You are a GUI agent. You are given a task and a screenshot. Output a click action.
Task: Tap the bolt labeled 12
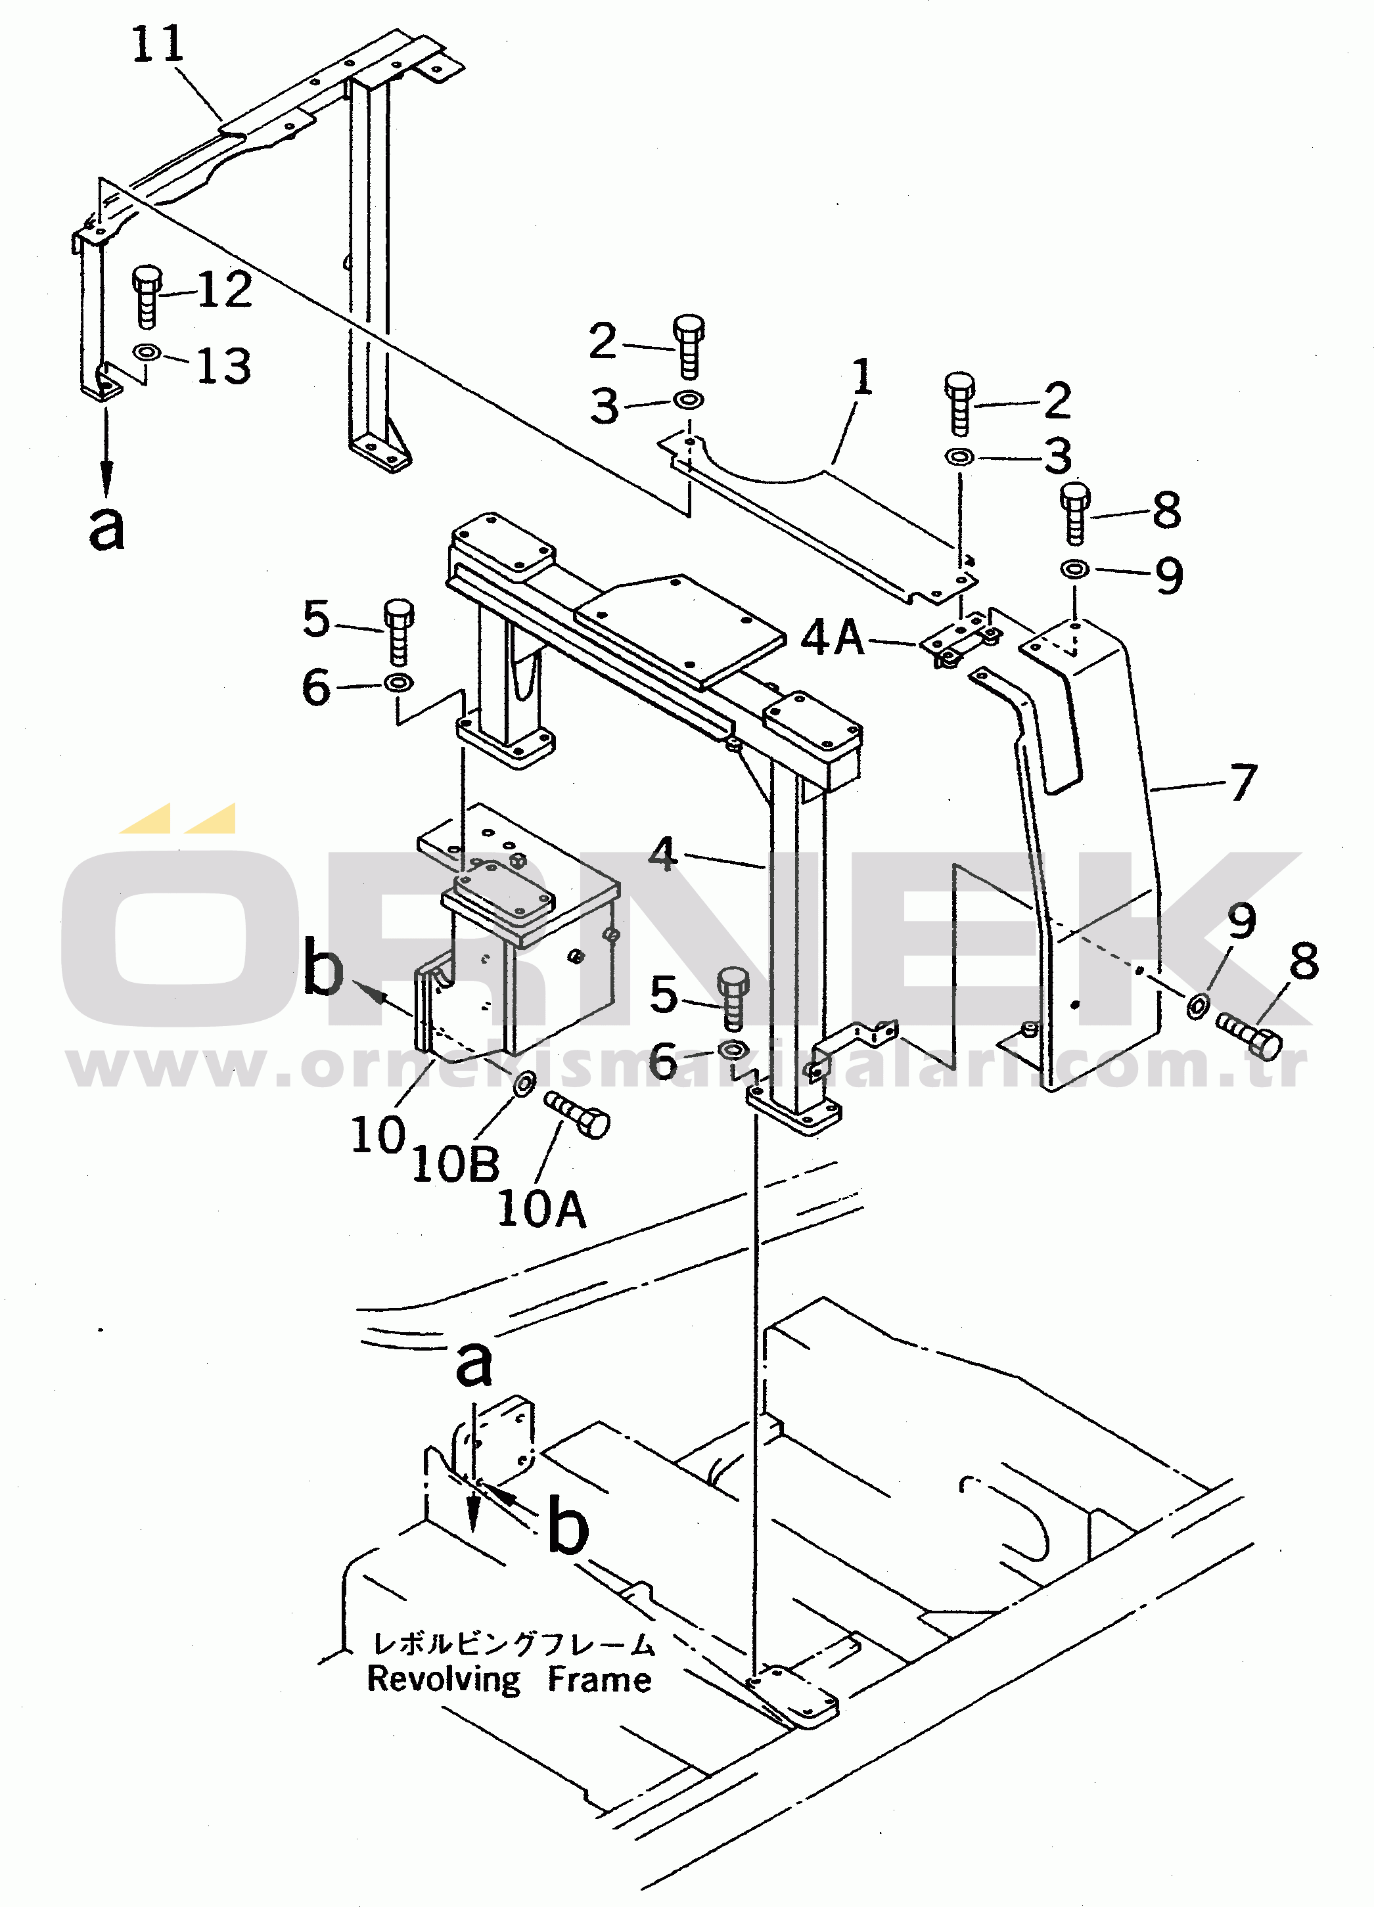[x=147, y=298]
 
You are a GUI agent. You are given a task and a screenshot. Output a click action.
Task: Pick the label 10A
[x=541, y=1209]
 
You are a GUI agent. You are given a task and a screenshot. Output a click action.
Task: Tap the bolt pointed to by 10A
[x=578, y=1115]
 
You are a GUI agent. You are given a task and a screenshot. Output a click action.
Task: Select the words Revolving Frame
[x=509, y=1680]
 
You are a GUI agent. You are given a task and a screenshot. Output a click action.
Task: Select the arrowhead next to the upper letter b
[x=370, y=994]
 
